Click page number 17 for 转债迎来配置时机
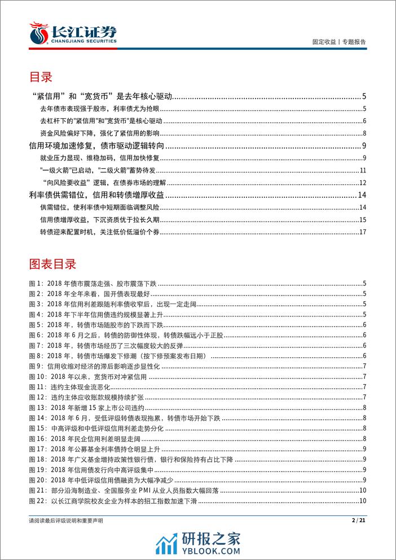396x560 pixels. tap(363, 232)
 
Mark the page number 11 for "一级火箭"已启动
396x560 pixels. tap(363, 170)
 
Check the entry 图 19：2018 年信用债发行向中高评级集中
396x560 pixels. tap(93, 468)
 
